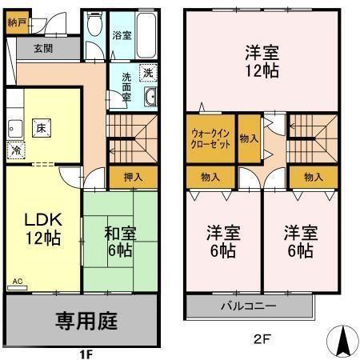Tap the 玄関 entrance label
coord(44,49)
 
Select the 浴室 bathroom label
coord(122,35)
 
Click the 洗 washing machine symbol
coord(149,73)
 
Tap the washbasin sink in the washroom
coord(150,99)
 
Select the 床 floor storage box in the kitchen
coord(40,127)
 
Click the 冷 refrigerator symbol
coord(16,149)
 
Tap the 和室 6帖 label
coord(120,242)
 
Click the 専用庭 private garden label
coord(86,322)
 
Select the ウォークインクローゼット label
coord(211,139)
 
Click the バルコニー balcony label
coord(249,306)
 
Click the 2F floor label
coord(262,338)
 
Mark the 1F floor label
coord(86,352)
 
